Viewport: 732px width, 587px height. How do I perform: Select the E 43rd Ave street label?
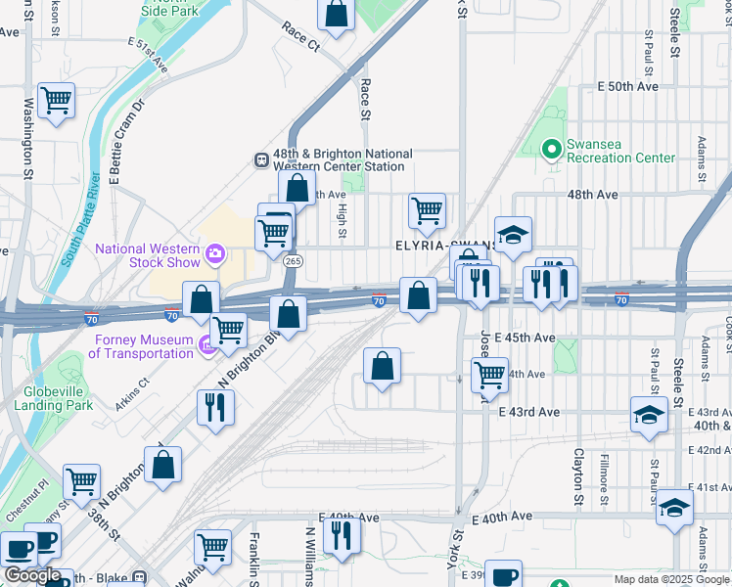(x=528, y=413)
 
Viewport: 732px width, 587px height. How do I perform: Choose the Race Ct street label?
(x=300, y=37)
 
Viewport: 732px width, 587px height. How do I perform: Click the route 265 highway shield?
(x=293, y=261)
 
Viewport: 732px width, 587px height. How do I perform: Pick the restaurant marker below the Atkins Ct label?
(x=215, y=406)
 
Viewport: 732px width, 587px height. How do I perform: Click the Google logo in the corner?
(x=32, y=575)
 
